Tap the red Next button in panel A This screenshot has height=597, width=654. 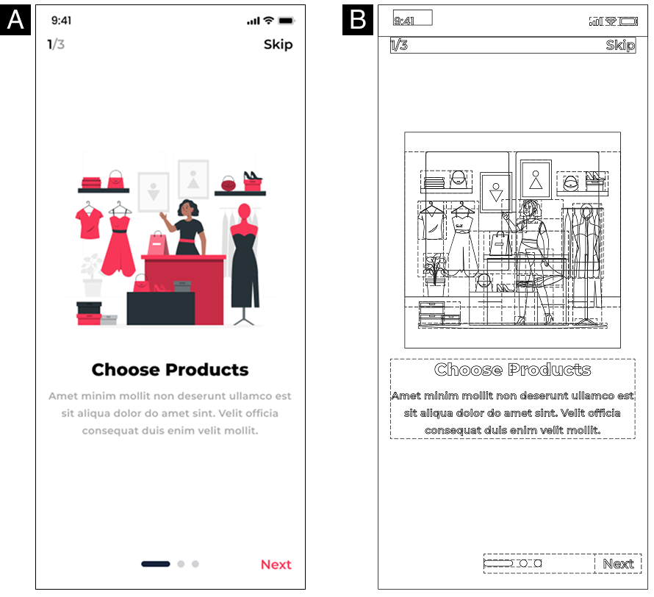pyautogui.click(x=276, y=565)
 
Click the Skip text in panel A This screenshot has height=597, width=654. pyautogui.click(x=279, y=45)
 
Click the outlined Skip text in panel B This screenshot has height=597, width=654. pyautogui.click(x=621, y=45)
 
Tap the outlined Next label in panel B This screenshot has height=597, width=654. pyautogui.click(x=618, y=564)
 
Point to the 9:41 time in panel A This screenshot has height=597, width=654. pyautogui.click(x=61, y=21)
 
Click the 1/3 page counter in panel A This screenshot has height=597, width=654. pyautogui.click(x=56, y=44)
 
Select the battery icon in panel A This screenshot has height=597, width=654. pyautogui.click(x=286, y=21)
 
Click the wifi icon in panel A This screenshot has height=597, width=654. pyautogui.click(x=269, y=20)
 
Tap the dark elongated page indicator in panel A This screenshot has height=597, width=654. pyautogui.click(x=156, y=564)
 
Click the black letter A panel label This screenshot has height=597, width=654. pyautogui.click(x=15, y=20)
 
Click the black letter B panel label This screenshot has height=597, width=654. pyautogui.click(x=358, y=20)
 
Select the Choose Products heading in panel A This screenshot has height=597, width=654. pyautogui.click(x=170, y=370)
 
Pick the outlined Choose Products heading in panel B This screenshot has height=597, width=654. pyautogui.click(x=513, y=370)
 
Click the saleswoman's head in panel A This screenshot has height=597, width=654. pyautogui.click(x=189, y=208)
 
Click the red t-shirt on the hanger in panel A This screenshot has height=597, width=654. pyautogui.click(x=89, y=224)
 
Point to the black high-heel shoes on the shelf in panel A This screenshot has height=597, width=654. pyautogui.click(x=252, y=176)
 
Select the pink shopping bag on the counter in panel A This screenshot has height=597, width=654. pyautogui.click(x=158, y=243)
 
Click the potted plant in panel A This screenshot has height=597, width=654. pyautogui.click(x=93, y=275)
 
